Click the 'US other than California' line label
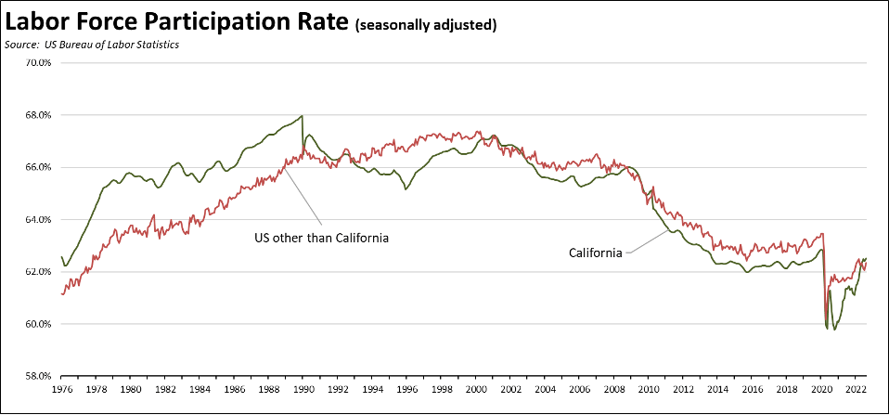click(321, 238)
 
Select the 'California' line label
click(595, 253)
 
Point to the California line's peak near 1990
click(303, 116)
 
